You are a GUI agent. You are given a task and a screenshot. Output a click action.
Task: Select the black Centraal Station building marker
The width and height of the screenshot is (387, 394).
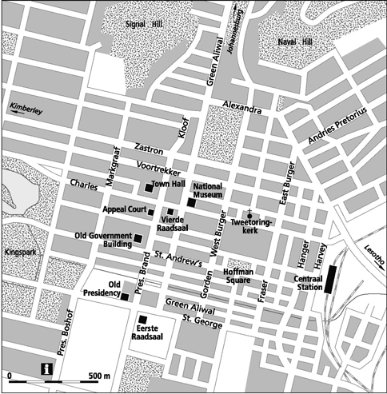coord(329,278)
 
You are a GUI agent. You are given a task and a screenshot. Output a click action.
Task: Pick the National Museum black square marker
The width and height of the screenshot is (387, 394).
coord(192,203)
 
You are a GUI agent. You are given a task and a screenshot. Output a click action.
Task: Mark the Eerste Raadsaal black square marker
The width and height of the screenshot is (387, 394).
coord(144,320)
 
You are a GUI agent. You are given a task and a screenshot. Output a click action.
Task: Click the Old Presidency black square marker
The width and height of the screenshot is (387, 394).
coord(125,296)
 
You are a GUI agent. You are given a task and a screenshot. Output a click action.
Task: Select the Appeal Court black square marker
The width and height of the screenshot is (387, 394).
coord(150,212)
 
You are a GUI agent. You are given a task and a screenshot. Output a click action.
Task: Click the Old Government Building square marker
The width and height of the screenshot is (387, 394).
coord(138,238)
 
